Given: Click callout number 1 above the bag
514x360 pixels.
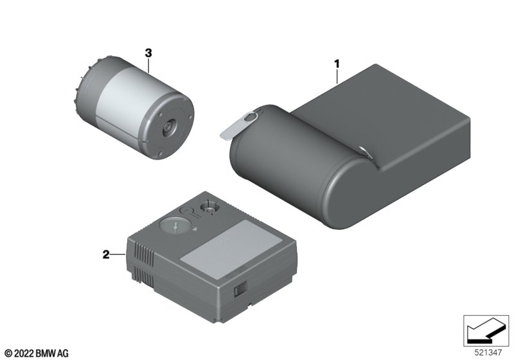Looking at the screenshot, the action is click(x=337, y=64).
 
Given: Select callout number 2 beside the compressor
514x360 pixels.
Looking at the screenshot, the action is click(x=106, y=254).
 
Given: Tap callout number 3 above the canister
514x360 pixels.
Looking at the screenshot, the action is click(x=148, y=53).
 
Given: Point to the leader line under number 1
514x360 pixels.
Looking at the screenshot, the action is click(x=337, y=76).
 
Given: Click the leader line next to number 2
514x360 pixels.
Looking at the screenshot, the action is click(x=118, y=254).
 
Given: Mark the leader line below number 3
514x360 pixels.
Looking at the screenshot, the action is click(x=148, y=65).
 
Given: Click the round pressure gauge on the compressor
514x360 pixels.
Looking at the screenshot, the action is click(x=175, y=226).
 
